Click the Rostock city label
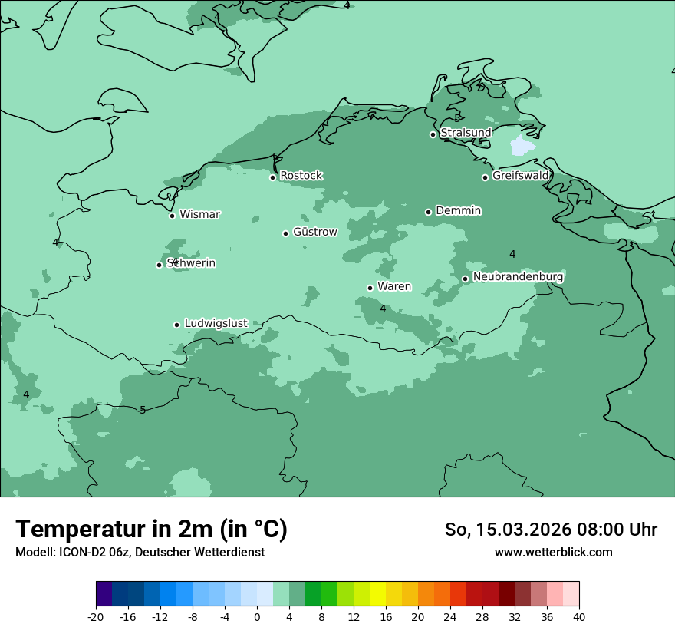[x=301, y=176]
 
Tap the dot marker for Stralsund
[x=433, y=134]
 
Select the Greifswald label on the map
[x=520, y=176]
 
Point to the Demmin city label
[x=458, y=210]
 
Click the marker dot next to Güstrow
[x=285, y=233]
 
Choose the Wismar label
[x=199, y=214]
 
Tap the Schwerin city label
[x=191, y=263]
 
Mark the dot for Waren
[x=370, y=288]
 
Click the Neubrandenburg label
[x=518, y=276]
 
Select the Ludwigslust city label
[x=216, y=323]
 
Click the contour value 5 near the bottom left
[x=143, y=410]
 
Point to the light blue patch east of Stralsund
[x=522, y=145]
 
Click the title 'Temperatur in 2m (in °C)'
[x=151, y=529]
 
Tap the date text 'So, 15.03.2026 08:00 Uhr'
[x=551, y=530]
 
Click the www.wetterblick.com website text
[x=553, y=552]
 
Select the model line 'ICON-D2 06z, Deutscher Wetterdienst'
[x=140, y=552]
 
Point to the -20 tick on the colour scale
[x=96, y=616]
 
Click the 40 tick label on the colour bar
[x=579, y=616]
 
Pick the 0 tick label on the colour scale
[x=257, y=616]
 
